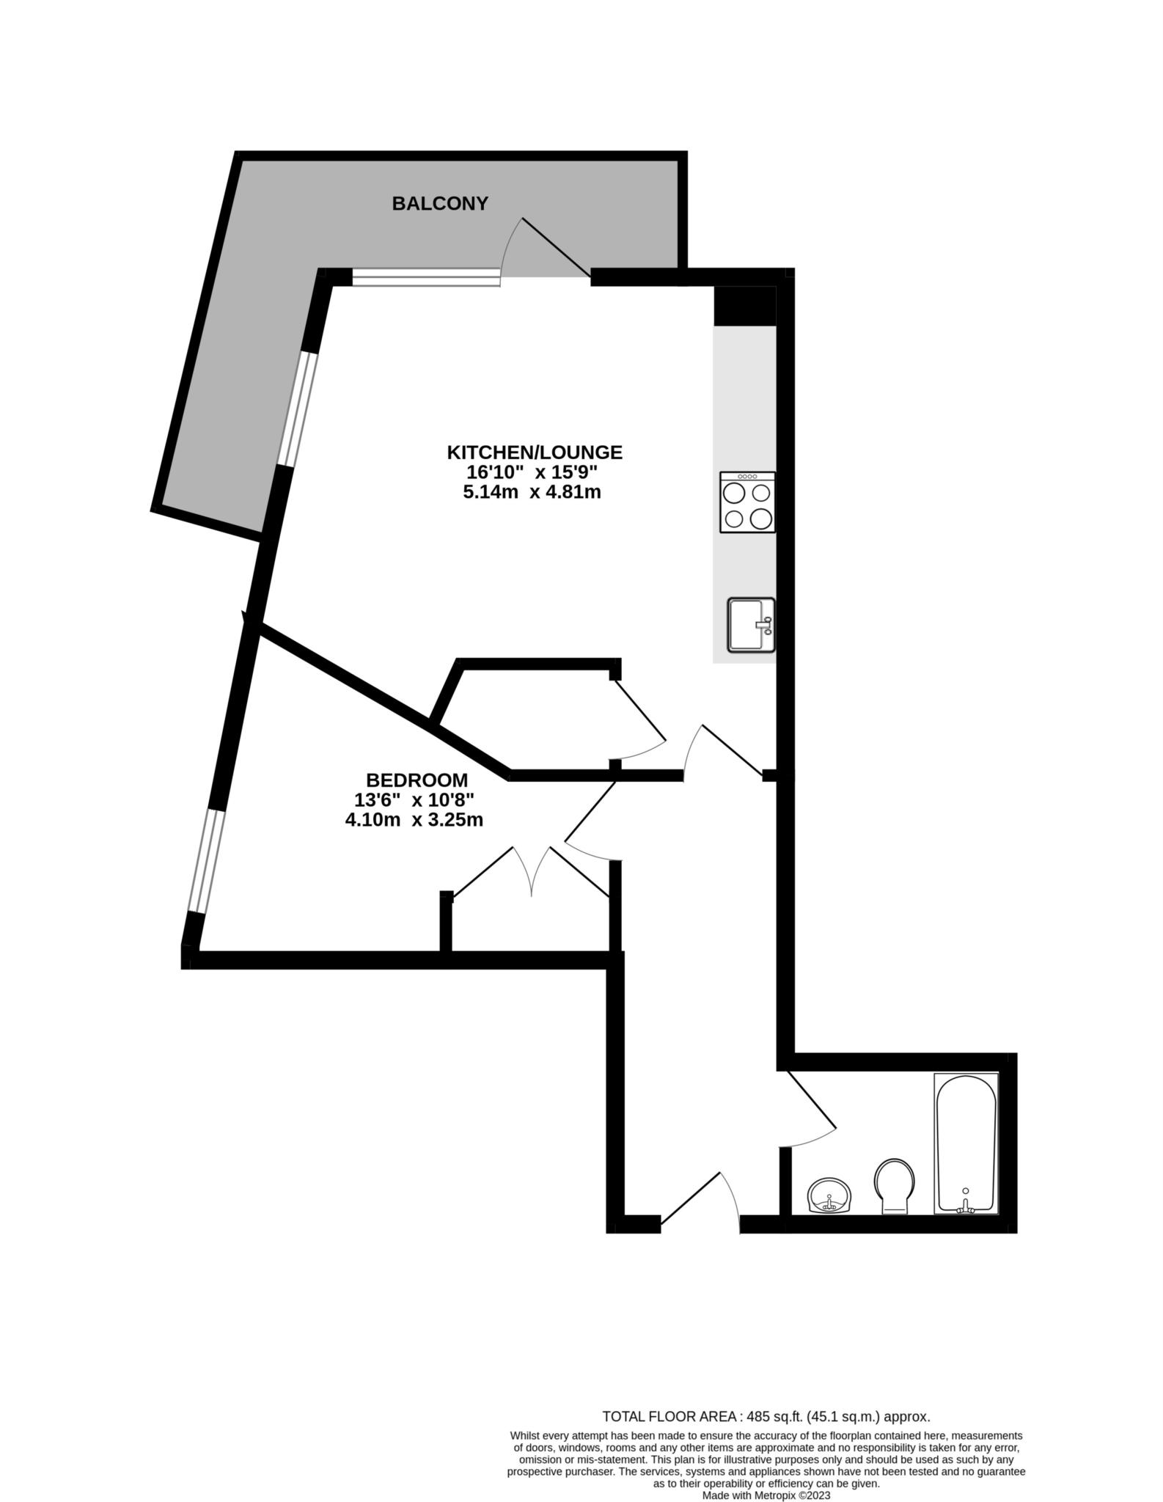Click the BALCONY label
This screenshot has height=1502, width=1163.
tap(439, 203)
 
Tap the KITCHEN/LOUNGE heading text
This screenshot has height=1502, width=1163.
tap(535, 452)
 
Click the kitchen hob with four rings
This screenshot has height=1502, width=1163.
tap(747, 502)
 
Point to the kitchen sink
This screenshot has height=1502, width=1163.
tap(751, 625)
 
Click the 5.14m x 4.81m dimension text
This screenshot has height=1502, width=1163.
tap(532, 492)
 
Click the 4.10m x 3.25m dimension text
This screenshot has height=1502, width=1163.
tap(414, 820)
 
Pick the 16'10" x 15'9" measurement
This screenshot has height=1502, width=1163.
tap(532, 472)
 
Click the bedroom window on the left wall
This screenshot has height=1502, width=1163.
tap(205, 860)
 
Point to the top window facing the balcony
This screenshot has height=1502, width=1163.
tap(426, 276)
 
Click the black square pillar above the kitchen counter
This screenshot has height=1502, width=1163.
tap(744, 305)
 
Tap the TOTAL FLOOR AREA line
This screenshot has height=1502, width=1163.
tap(766, 1416)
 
